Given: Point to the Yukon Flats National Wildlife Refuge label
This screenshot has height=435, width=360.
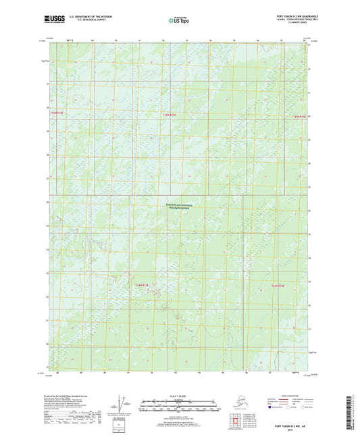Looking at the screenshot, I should pyautogui.click(x=180, y=209).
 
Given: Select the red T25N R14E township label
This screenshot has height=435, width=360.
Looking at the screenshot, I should pyautogui.click(x=299, y=116).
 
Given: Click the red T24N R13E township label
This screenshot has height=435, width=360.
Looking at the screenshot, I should pyautogui.click(x=141, y=286).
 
